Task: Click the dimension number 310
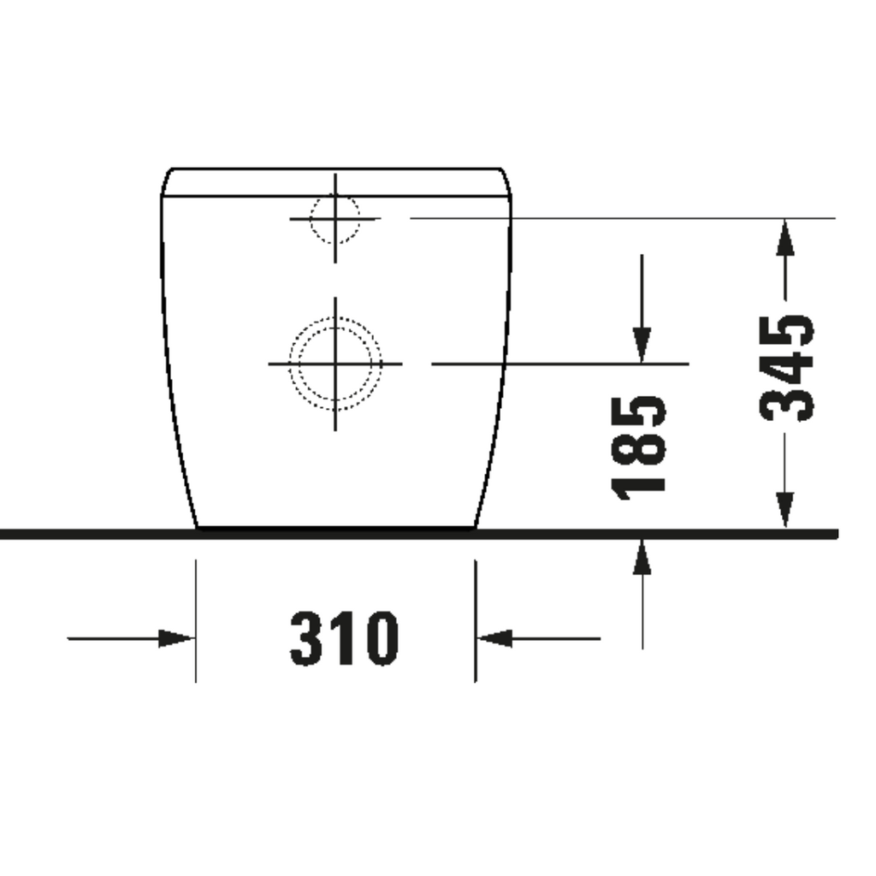pos(344,638)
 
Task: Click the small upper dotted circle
pos(334,218)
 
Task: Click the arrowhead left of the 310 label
pos(176,638)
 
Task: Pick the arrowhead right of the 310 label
pos(494,638)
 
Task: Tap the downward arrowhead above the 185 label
pos(642,346)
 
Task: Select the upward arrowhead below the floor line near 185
pos(642,557)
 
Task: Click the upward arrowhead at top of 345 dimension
pos(785,237)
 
